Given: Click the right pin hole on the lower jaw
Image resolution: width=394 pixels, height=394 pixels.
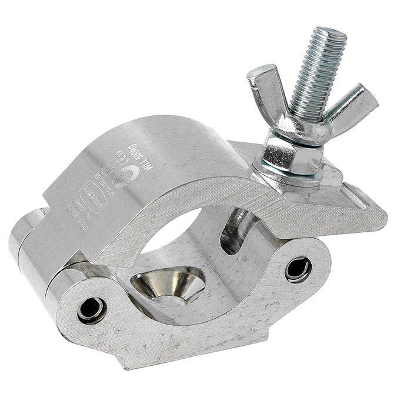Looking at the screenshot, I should tap(298, 269).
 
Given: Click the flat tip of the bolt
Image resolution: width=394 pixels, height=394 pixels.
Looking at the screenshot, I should tap(329, 33).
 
